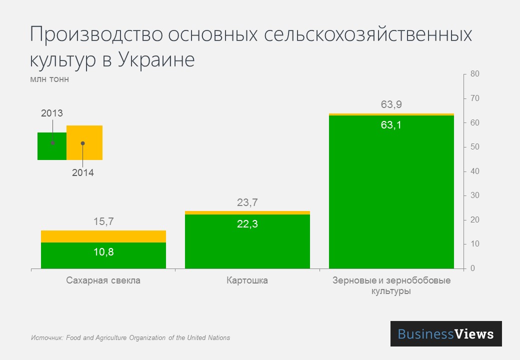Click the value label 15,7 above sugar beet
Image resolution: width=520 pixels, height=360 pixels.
point(103,221)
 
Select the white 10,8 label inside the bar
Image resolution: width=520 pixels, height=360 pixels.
point(103,252)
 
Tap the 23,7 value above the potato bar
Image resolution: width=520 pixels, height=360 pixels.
point(247,202)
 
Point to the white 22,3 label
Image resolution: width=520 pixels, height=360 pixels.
point(247,224)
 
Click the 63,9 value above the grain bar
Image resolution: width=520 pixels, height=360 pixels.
point(391,104)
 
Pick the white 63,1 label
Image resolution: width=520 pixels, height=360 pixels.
point(391,125)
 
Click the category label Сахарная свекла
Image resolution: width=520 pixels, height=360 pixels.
point(103,280)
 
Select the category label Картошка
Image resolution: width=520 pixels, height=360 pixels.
point(247,280)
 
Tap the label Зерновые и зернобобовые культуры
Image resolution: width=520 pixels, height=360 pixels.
point(391,285)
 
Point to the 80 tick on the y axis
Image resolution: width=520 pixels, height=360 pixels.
point(474,74)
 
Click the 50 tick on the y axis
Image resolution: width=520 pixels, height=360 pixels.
point(474,147)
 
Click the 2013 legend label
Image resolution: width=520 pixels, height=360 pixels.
point(51,113)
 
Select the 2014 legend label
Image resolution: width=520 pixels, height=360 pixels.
point(82,173)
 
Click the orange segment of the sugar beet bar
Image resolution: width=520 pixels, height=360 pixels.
point(103,236)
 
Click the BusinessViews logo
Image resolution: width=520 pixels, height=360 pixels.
point(445,334)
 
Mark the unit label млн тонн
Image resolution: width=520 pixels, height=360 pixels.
point(49,79)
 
